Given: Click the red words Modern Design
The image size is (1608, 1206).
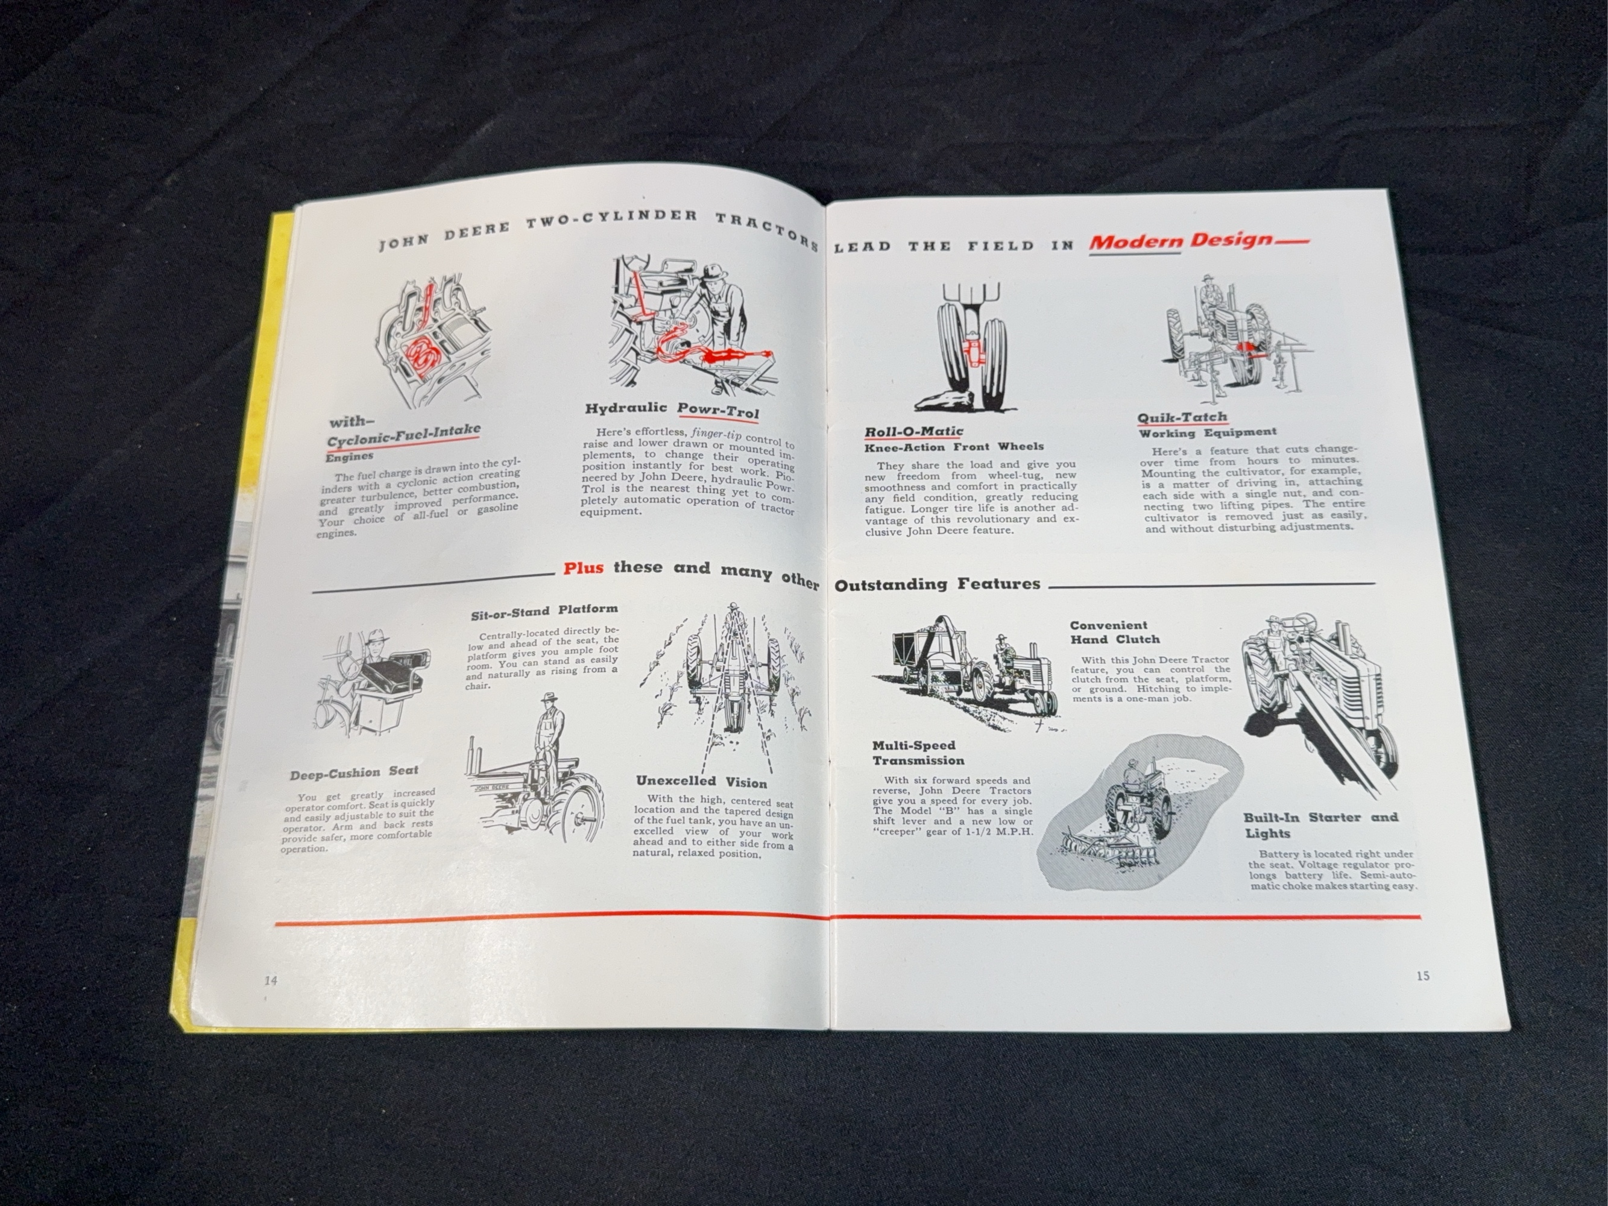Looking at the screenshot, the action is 1181,241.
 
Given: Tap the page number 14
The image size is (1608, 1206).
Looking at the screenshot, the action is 271,980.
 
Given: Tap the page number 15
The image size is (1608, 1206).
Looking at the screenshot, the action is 1423,976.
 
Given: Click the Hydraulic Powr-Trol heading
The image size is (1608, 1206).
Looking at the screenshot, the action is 672,409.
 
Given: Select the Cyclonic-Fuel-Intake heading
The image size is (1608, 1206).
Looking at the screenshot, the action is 403,435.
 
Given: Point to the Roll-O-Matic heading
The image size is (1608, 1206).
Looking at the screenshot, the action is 913,432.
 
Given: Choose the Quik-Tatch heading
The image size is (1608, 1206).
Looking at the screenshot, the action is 1182,417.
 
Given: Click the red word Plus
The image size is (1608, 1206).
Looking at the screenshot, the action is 583,568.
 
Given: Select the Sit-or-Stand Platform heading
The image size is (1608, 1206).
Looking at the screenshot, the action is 544,612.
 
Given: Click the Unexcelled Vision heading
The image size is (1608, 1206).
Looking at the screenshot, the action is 701,781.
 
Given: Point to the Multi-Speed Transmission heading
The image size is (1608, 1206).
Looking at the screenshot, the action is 918,753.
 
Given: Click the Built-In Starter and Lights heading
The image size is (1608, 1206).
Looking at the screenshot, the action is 1320,825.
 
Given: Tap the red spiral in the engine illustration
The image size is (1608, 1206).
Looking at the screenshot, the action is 420,353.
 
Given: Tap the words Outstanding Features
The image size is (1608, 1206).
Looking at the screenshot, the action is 937,584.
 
